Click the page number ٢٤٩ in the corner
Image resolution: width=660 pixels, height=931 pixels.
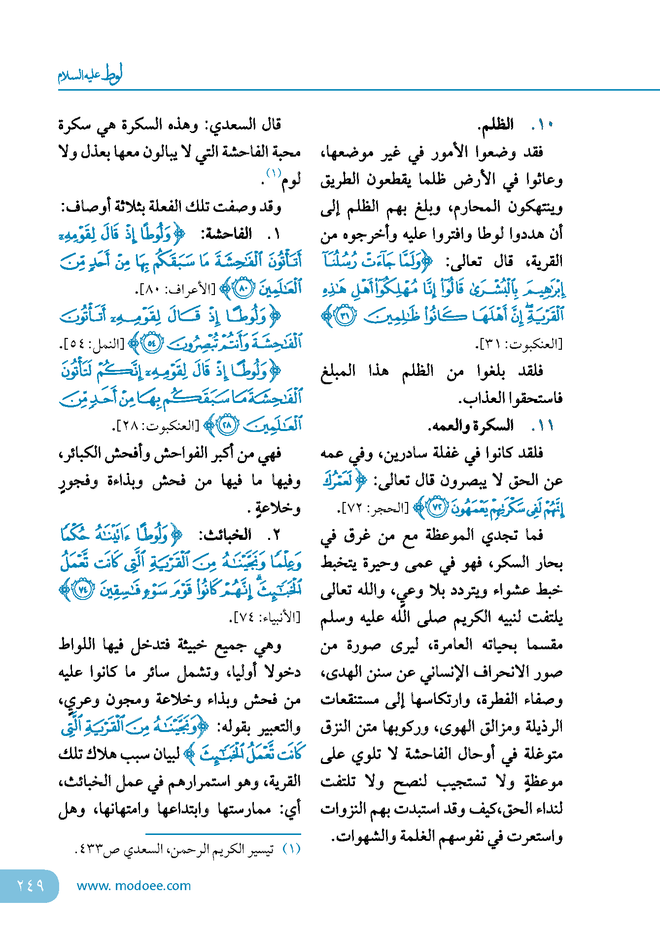click(x=31, y=885)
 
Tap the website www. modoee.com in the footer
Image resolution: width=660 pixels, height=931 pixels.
click(x=134, y=886)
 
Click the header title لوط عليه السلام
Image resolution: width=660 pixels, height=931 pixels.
click(x=90, y=75)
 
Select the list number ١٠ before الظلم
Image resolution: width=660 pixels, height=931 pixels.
click(x=544, y=125)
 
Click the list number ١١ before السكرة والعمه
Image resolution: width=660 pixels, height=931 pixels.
click(x=544, y=426)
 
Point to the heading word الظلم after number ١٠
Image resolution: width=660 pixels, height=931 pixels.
click(x=496, y=125)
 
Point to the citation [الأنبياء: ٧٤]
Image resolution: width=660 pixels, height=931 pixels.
click(x=265, y=617)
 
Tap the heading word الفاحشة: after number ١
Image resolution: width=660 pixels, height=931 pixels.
click(x=226, y=234)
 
